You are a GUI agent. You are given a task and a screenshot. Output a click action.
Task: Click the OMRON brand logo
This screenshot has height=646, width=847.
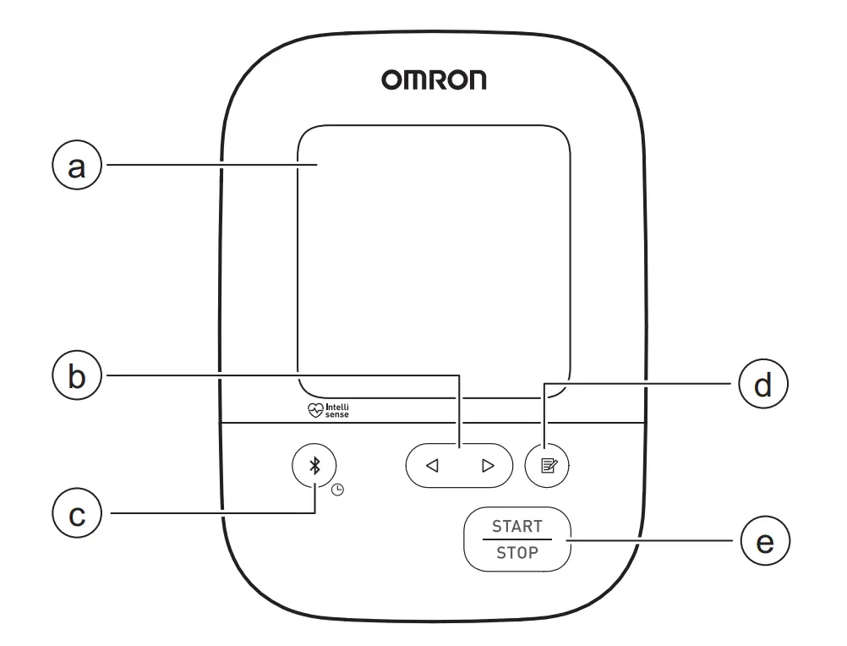tap(433, 81)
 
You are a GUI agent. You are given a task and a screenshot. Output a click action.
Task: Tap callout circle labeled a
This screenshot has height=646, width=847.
tap(77, 167)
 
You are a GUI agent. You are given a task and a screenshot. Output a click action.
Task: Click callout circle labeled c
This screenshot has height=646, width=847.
tap(77, 514)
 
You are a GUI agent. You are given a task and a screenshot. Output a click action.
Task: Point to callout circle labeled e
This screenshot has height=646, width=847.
tap(763, 542)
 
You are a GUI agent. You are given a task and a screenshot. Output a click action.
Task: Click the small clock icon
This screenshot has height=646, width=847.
tap(337, 489)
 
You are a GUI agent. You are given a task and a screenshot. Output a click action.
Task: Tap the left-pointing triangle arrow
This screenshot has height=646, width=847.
tap(432, 465)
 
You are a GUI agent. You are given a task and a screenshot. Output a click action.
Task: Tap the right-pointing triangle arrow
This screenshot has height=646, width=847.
tap(487, 465)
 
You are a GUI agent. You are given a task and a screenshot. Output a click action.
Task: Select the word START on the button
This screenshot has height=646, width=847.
tap(517, 526)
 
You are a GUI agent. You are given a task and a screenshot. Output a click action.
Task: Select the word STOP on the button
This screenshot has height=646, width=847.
tap(517, 555)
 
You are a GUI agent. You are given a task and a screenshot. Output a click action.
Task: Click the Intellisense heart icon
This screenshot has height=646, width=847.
tap(315, 411)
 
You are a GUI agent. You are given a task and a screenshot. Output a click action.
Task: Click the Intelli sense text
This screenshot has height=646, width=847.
tap(337, 411)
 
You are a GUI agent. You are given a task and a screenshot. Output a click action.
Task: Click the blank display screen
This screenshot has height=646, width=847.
tap(433, 262)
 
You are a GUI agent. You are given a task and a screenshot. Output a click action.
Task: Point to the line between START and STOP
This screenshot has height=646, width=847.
tap(517, 540)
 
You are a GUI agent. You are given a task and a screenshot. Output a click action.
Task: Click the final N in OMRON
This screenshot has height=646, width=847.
tap(474, 81)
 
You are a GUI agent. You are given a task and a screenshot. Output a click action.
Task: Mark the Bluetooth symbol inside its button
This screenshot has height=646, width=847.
tap(314, 465)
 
